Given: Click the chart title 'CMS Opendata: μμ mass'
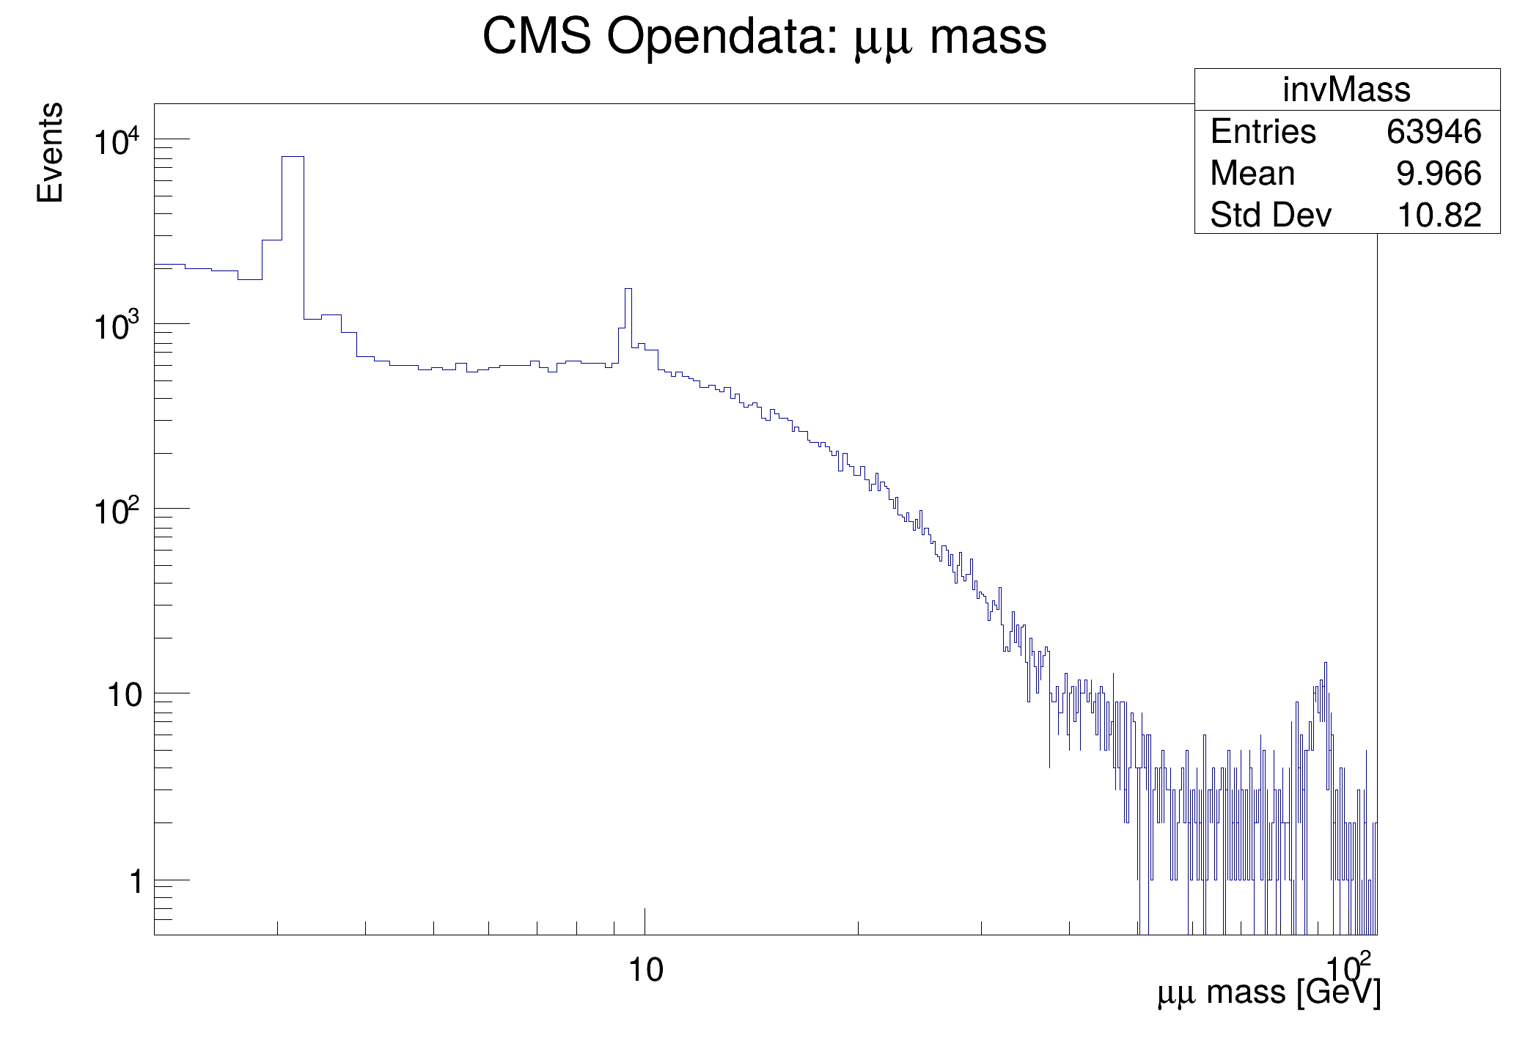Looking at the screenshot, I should pos(764,37).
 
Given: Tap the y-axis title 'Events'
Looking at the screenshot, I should pos(50,152).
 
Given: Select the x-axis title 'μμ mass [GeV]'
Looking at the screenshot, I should pos(1269,992).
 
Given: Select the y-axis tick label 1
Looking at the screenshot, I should pos(136,881).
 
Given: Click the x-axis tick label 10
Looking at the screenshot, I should pos(645,970).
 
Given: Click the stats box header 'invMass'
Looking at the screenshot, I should pos(1346,90).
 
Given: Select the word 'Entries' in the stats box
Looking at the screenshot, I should pos(1263,132).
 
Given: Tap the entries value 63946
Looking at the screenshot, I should pos(1433,132).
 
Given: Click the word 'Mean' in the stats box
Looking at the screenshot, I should pos(1252,174).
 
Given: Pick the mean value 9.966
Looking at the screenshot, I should pos(1439,174).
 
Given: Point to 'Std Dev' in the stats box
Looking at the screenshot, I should pos(1270,216).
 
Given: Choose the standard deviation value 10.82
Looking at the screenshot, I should pos(1439,216).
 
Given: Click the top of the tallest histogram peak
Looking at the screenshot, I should pos(293,157).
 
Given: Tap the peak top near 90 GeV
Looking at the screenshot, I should pos(1325,663).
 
